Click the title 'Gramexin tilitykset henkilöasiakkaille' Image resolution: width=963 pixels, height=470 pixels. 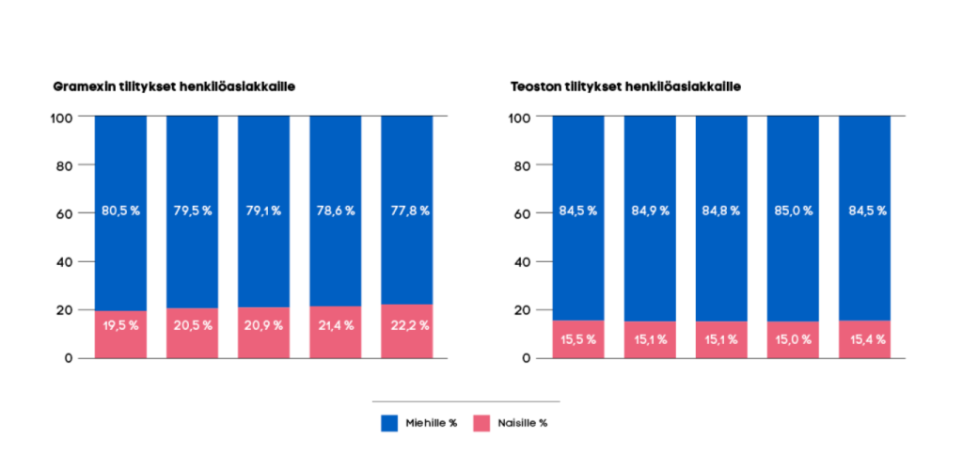tap(175, 86)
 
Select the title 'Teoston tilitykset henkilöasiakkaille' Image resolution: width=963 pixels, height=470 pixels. tap(625, 86)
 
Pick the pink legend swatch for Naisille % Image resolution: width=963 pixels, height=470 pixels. tap(481, 423)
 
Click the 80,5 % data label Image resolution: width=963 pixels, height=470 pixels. tap(120, 211)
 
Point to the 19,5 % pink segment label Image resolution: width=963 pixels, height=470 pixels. tap(120, 325)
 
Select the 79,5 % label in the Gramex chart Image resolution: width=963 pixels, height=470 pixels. tap(192, 211)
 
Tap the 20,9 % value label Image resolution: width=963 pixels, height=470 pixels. tap(263, 325)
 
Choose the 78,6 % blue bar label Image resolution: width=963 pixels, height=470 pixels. tap(335, 211)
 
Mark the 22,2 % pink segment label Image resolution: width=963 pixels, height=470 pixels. tap(406, 325)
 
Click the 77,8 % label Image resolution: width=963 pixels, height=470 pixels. tap(406, 211)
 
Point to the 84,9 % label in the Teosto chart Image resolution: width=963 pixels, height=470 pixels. tap(650, 211)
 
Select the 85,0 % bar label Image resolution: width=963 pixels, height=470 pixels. tap(793, 211)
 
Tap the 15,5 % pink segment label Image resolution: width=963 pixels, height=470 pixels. tap(578, 339)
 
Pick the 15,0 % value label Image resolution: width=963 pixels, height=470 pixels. tap(793, 339)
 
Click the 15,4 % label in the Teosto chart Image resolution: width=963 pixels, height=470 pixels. tap(864, 339)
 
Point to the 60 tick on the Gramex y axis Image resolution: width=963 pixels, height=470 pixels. tap(61, 213)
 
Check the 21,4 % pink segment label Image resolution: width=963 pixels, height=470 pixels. tap(335, 325)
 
